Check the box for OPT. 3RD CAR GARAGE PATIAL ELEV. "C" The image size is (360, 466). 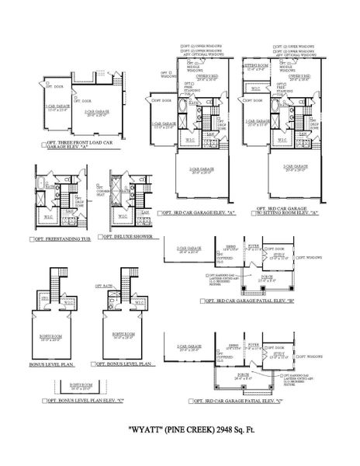(191, 402)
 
